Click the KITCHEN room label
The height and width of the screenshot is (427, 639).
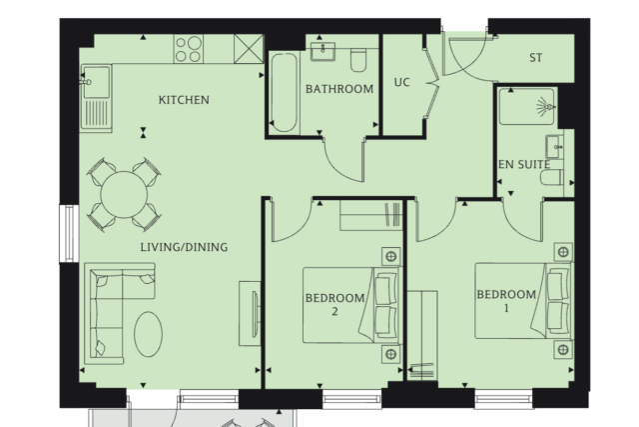coord(184,100)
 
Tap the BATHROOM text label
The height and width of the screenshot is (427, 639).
coord(339,89)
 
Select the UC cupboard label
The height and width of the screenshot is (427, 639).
coord(401,82)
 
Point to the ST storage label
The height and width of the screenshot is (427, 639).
coord(536,58)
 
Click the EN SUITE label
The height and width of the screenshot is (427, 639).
coord(524,165)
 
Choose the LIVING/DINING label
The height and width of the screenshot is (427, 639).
coord(184,247)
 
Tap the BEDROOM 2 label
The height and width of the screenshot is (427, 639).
coord(335,305)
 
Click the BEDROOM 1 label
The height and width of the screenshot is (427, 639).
coord(506,301)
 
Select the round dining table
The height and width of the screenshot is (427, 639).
coord(124,195)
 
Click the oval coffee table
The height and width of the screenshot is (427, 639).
coord(149,334)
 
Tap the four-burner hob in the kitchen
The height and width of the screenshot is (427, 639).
coord(189,49)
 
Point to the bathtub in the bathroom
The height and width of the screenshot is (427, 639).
coord(284,93)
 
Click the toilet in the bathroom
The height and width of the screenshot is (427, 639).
coord(358,60)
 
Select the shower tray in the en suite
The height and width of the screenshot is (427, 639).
coord(526,107)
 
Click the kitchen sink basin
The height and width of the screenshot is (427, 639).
coord(97,82)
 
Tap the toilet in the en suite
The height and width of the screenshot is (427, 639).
coord(552,178)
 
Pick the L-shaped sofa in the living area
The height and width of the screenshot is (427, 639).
coord(109,314)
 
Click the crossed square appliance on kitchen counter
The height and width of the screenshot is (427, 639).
coord(249,49)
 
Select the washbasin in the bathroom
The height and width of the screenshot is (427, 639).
coord(322,51)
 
